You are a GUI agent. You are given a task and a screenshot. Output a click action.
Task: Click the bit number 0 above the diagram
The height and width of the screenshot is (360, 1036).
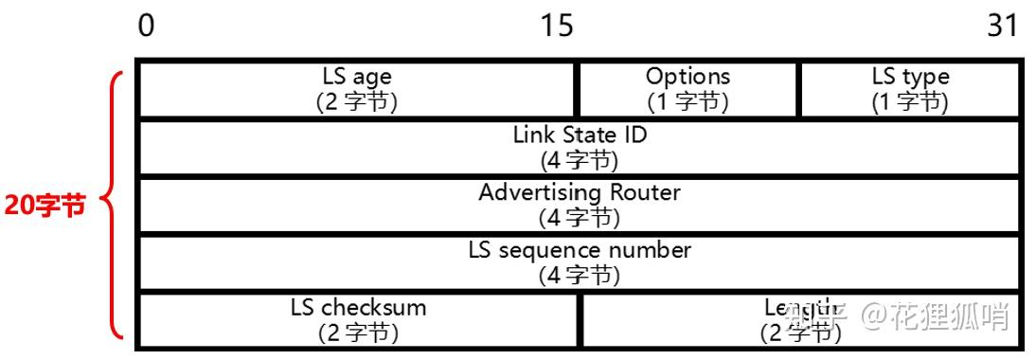click(x=146, y=26)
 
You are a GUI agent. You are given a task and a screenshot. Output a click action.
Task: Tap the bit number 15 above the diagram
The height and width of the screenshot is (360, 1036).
click(x=556, y=26)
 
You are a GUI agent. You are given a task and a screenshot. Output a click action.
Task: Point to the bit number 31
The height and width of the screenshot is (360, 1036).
click(x=1002, y=26)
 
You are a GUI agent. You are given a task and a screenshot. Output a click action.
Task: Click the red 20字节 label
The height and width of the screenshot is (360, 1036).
click(x=45, y=206)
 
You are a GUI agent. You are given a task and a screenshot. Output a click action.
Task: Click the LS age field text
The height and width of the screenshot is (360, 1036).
click(x=357, y=77)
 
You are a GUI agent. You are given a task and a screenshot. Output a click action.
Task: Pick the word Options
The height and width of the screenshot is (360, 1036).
click(x=688, y=77)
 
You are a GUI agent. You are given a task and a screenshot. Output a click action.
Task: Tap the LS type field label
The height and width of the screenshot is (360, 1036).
click(x=911, y=77)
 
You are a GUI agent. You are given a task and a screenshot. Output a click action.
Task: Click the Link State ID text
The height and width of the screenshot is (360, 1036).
click(x=580, y=135)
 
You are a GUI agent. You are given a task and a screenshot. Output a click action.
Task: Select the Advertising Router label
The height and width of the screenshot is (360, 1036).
click(x=580, y=192)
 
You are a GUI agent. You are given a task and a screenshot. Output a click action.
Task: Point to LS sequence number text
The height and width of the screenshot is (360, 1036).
click(x=580, y=250)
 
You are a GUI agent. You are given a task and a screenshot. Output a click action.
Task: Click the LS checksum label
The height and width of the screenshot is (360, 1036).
click(x=358, y=308)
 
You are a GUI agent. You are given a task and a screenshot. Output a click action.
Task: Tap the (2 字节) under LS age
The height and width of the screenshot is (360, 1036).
click(x=357, y=101)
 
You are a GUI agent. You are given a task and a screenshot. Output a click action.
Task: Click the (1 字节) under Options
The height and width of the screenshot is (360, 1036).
click(x=688, y=101)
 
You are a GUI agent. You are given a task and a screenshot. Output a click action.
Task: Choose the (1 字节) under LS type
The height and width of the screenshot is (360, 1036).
click(x=910, y=101)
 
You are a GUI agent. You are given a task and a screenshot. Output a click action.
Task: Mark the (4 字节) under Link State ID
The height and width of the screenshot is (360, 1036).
click(x=580, y=159)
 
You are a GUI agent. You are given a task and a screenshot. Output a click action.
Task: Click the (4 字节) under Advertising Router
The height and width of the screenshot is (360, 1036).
click(x=580, y=217)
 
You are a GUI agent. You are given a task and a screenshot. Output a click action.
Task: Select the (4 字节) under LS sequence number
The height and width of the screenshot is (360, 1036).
click(x=580, y=275)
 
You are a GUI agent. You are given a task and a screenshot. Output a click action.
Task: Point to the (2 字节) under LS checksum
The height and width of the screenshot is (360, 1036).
click(x=358, y=333)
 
